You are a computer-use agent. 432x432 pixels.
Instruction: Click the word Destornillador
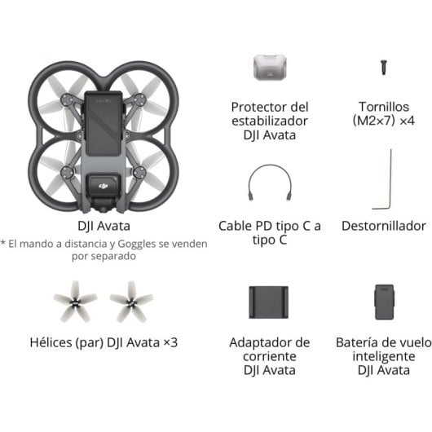click(x=383, y=225)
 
